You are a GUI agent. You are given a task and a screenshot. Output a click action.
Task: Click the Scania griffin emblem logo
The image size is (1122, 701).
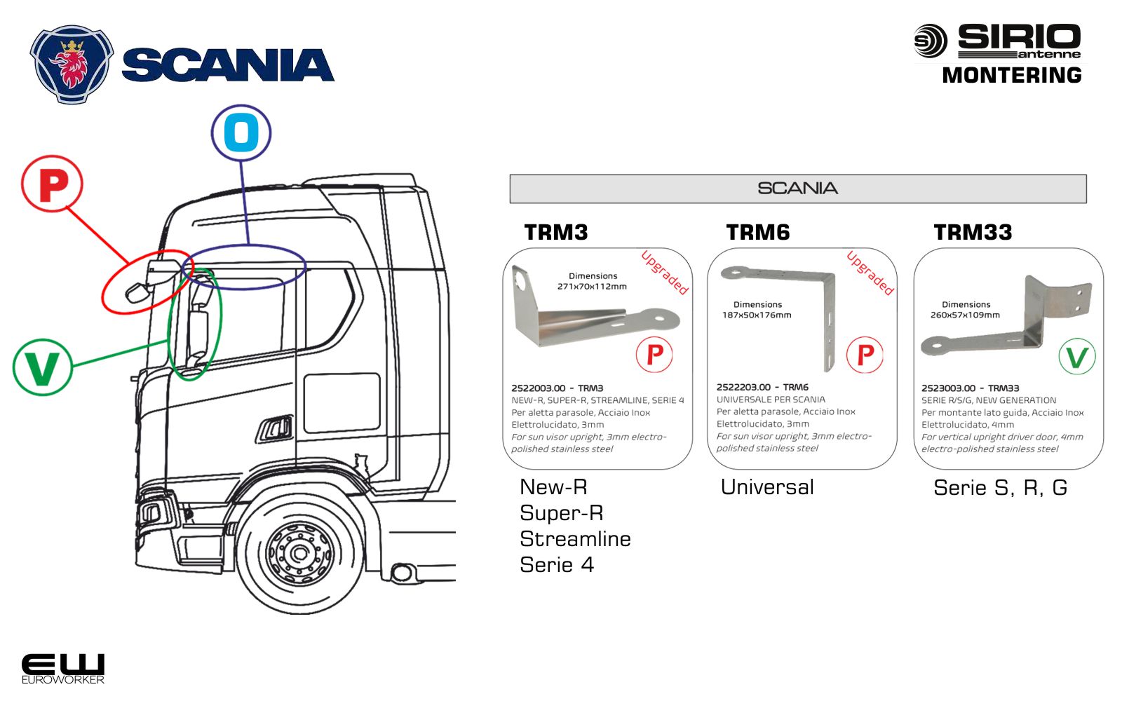click(x=71, y=64)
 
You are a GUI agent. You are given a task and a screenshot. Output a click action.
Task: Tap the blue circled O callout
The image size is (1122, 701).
click(x=241, y=133)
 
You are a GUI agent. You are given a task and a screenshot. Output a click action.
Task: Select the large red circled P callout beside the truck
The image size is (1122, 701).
click(x=53, y=185)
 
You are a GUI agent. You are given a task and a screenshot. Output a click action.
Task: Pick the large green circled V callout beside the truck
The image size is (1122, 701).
click(x=42, y=367)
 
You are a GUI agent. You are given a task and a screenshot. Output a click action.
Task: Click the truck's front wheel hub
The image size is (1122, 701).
click(x=300, y=553)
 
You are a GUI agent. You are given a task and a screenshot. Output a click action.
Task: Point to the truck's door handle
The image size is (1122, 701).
click(x=276, y=428)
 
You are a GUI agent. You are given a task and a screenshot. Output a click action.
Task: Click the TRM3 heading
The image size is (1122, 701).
click(x=556, y=232)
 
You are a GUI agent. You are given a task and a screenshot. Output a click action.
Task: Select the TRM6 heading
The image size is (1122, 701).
click(x=757, y=232)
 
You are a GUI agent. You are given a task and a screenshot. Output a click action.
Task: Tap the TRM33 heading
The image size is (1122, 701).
click(x=973, y=232)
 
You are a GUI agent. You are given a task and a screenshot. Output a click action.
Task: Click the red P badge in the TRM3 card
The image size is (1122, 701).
click(x=654, y=355)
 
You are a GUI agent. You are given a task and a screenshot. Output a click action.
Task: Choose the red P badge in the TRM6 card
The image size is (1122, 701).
click(x=865, y=355)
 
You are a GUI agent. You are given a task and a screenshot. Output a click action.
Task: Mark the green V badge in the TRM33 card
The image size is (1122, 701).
click(x=1076, y=357)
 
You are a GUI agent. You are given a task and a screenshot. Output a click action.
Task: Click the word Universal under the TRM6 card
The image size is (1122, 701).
click(x=767, y=487)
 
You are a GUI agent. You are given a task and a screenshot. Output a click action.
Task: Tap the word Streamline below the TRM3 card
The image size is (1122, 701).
click(x=575, y=539)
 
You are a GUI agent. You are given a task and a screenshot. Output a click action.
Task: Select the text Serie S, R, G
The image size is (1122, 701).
click(x=1000, y=488)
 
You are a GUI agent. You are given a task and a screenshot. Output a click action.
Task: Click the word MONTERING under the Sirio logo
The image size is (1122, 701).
click(x=1011, y=75)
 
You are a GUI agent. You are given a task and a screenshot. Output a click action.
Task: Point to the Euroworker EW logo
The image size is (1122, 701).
click(x=62, y=668)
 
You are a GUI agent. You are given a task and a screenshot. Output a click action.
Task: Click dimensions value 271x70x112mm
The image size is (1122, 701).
click(x=592, y=287)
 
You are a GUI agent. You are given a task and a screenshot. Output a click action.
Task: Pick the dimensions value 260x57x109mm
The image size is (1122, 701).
click(x=965, y=315)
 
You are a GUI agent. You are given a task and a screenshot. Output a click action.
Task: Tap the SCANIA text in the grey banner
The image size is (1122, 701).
click(x=797, y=189)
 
